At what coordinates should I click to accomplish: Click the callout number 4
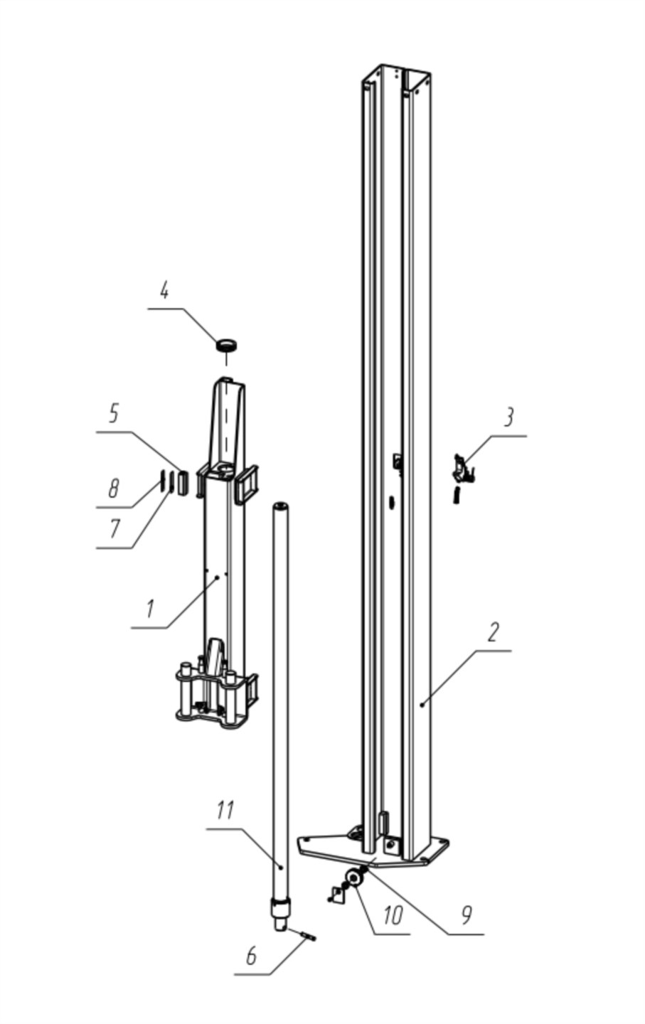coord(164,290)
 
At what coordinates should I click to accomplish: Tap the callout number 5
coord(113,413)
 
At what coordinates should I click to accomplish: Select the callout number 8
coord(113,489)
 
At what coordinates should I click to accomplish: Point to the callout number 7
coord(114,530)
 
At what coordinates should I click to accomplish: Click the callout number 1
coord(149,609)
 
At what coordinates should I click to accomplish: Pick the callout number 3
coord(508,417)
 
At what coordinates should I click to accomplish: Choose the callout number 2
coord(492,631)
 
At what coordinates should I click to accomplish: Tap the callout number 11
coord(225,811)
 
